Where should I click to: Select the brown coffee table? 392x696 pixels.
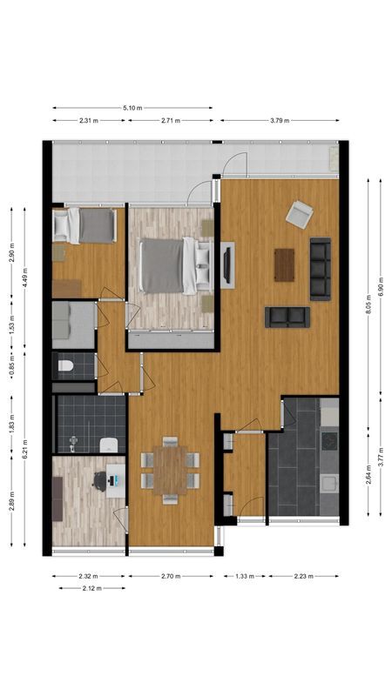pos(285,265)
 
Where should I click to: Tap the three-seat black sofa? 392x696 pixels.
pos(321,269)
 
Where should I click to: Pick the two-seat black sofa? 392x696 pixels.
pos(287,316)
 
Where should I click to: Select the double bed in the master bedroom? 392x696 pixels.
pos(164,265)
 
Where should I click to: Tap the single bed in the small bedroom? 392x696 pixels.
pos(85,226)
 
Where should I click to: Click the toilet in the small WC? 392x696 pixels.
pos(64,368)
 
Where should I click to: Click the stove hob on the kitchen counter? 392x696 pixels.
pos(329,441)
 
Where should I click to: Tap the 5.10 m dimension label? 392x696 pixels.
pos(132,108)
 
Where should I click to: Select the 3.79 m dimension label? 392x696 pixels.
pos(280,121)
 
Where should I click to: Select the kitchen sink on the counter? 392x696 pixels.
pos(328,482)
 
